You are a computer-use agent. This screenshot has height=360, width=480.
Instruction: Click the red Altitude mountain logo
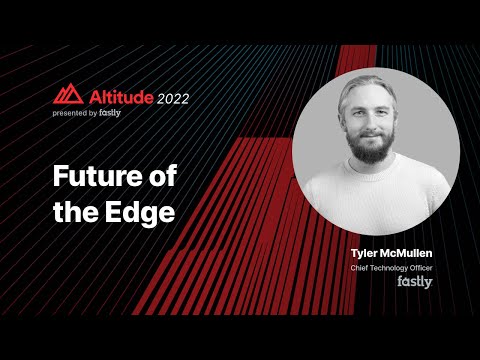[68, 96]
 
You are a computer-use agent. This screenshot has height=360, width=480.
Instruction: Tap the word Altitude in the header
[117, 98]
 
